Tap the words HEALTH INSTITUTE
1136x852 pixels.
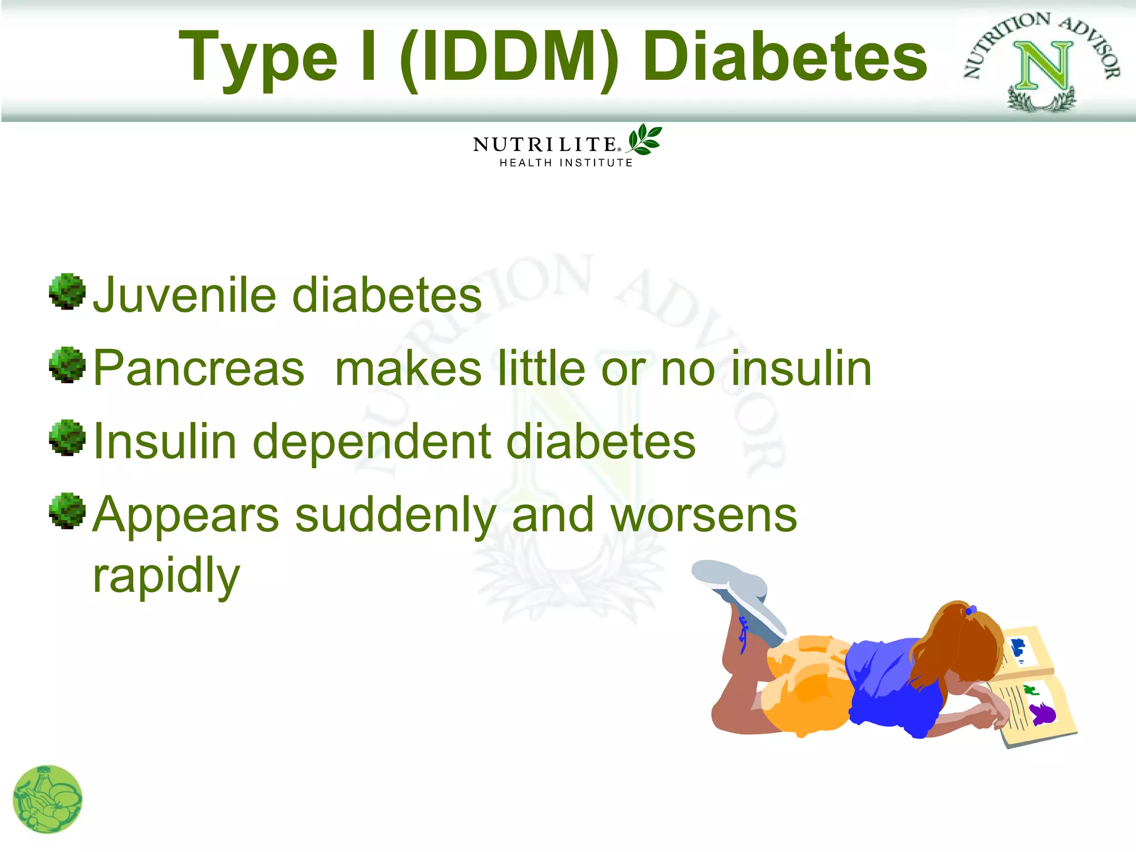(566, 163)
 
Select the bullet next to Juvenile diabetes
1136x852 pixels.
(67, 291)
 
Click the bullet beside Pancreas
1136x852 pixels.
(67, 364)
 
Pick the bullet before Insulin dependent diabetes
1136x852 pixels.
(67, 438)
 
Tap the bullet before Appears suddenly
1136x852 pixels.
(67, 511)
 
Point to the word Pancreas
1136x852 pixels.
(199, 369)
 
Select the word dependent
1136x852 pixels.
(372, 442)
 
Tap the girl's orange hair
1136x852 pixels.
(962, 643)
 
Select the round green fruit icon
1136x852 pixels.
(48, 799)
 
